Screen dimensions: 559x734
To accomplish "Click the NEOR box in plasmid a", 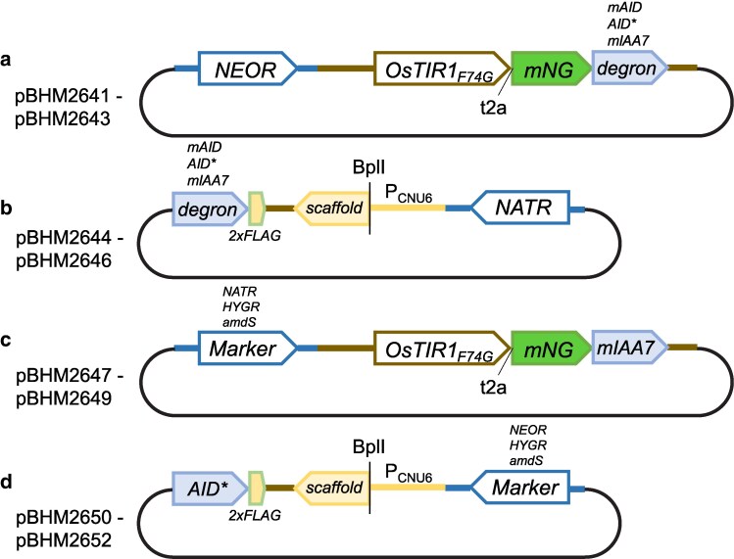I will coord(246,68).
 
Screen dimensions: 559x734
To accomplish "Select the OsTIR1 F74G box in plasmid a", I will coord(442,68).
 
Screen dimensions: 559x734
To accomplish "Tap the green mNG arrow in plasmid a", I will coord(551,68).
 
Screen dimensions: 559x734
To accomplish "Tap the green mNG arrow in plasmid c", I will coord(551,348).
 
